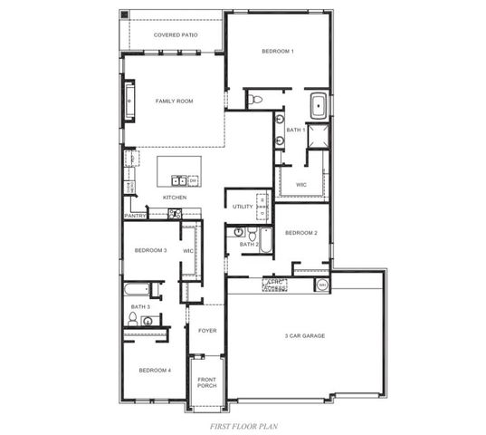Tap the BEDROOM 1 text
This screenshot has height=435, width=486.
coord(278,52)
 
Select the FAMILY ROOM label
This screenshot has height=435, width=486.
coord(175,101)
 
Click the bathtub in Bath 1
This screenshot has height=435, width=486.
coord(319,106)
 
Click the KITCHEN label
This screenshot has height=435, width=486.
coord(175,197)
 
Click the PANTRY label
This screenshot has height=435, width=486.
coord(135,216)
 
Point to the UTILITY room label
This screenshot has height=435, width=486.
coord(243,207)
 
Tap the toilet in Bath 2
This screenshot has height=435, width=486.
coord(239,232)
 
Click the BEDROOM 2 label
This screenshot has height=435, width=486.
coord(300,233)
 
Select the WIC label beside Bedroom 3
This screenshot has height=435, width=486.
coord(188,251)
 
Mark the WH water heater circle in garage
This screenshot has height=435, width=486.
coord(322,285)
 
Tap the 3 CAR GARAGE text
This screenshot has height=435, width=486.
coord(305,335)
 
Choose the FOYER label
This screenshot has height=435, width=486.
coord(207,331)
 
